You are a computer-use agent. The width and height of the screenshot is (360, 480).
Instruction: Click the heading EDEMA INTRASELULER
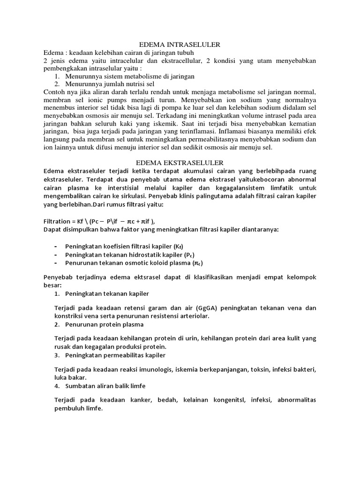[x=180, y=45]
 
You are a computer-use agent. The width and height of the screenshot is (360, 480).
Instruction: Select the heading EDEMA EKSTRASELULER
[x=180, y=162]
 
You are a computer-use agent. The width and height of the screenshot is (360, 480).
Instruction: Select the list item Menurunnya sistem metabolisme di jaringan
[x=123, y=76]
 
